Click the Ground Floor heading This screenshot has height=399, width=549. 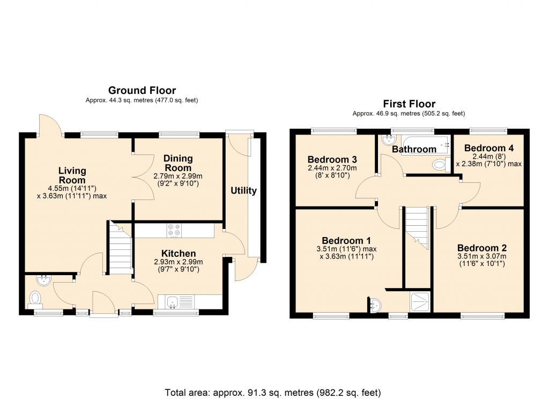pos(142,90)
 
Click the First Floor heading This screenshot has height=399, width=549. pos(409,104)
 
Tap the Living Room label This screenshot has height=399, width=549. pos(72,175)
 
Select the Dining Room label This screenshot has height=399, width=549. pos(178,163)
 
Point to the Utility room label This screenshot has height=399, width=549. pos(243,190)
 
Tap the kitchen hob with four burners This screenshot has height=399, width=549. pos(174,230)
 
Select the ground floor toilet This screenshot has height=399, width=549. pos(35,297)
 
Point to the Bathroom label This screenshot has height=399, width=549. pos(413,149)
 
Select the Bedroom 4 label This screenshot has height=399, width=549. pos(485,148)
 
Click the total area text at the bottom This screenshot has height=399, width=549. pos(274,392)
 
